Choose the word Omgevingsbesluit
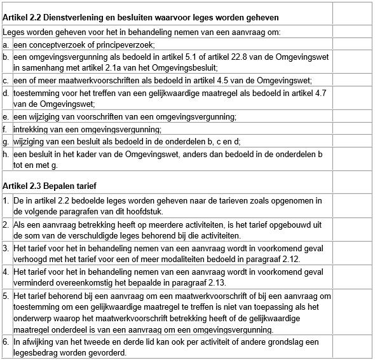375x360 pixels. pyautogui.click(x=185, y=68)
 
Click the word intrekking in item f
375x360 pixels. pyautogui.click(x=31, y=129)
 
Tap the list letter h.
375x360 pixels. pyautogui.click(x=6, y=154)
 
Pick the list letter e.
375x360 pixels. pyautogui.click(x=6, y=117)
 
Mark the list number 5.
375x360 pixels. pyautogui.click(x=6, y=296)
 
